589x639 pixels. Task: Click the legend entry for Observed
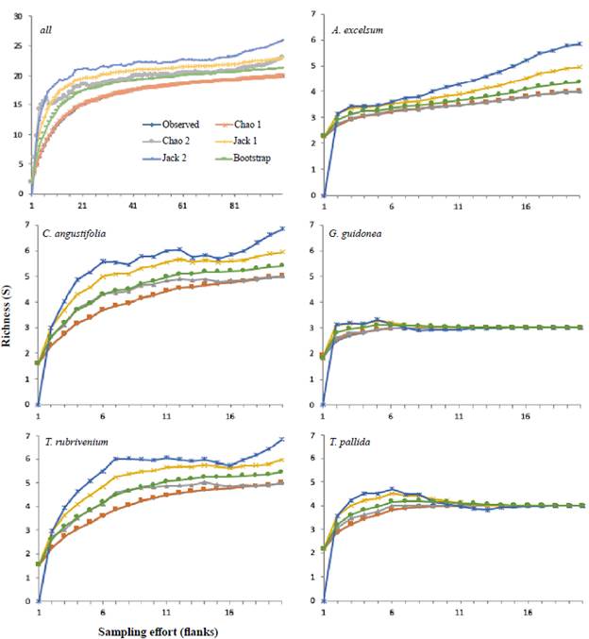tap(161, 123)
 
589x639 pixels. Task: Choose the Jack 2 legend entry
tap(158, 158)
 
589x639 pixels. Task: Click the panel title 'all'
tap(44, 30)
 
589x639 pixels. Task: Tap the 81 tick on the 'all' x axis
tap(234, 205)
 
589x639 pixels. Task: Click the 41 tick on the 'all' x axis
tap(133, 205)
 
